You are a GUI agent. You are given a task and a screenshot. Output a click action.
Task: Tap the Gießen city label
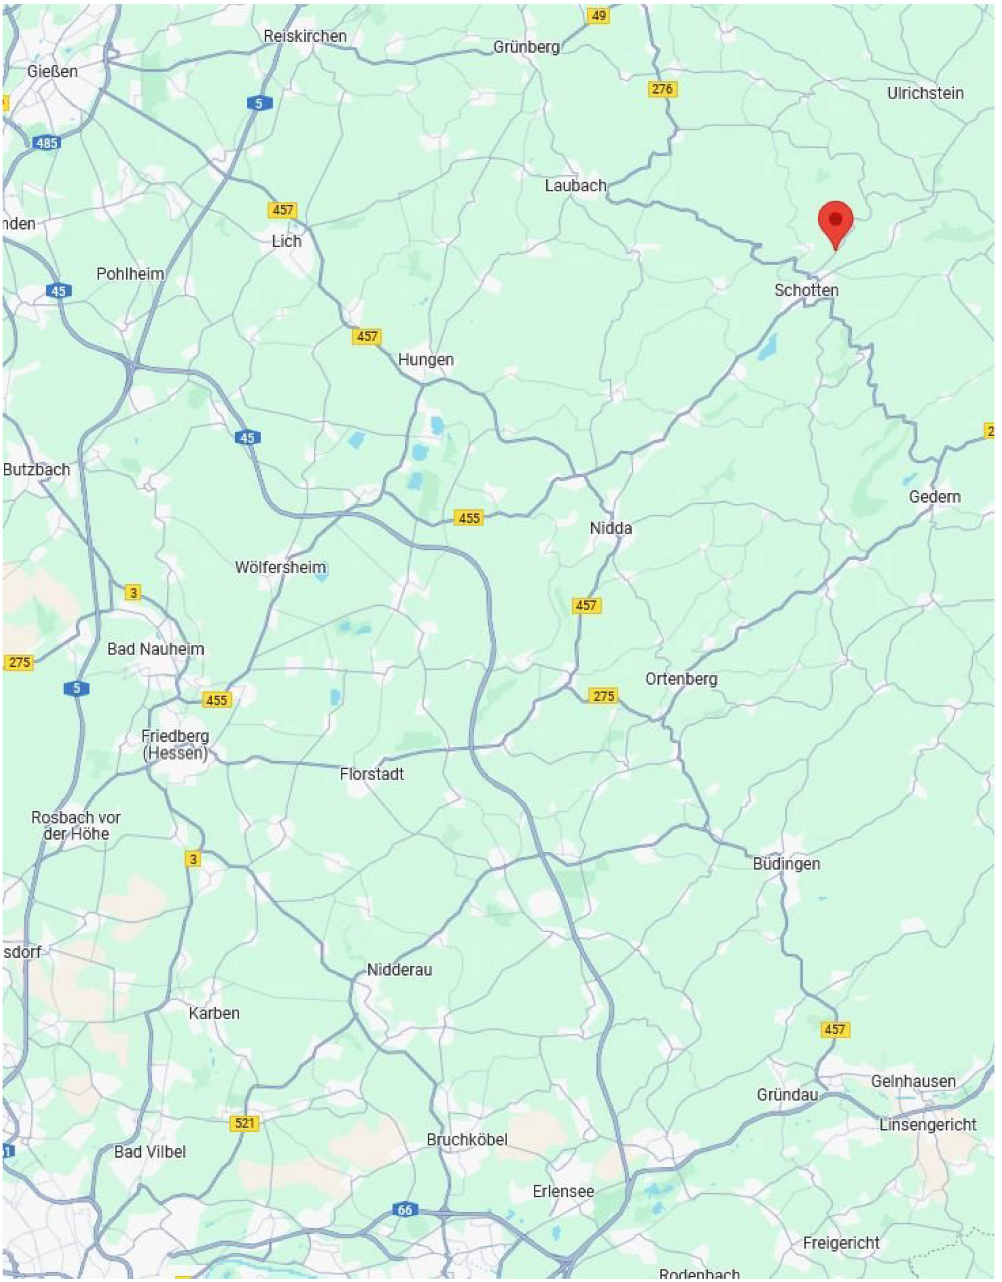(52, 72)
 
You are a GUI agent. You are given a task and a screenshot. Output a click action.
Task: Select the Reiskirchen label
(305, 36)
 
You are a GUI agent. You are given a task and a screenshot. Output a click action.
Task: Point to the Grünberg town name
(526, 47)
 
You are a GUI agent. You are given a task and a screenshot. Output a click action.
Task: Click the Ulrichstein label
(925, 93)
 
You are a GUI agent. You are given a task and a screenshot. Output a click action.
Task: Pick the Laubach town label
(576, 186)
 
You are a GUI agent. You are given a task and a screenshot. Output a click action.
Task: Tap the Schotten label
(806, 290)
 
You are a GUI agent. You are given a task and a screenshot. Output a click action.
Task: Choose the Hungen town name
(425, 360)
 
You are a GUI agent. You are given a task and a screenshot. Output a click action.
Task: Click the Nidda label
(611, 528)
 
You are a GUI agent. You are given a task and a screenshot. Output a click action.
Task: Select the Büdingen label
(786, 864)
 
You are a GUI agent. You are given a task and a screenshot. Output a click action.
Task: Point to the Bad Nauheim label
(156, 649)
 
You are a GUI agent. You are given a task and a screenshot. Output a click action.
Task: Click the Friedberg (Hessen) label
(175, 745)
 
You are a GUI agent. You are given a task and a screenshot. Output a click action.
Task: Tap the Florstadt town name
(372, 774)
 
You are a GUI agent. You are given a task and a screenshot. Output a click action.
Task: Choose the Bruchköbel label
(467, 1140)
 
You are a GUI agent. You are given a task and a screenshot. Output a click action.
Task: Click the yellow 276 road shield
(662, 89)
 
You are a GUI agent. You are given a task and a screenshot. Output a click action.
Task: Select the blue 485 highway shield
(47, 143)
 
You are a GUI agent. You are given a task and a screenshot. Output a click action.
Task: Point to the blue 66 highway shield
(404, 1210)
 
